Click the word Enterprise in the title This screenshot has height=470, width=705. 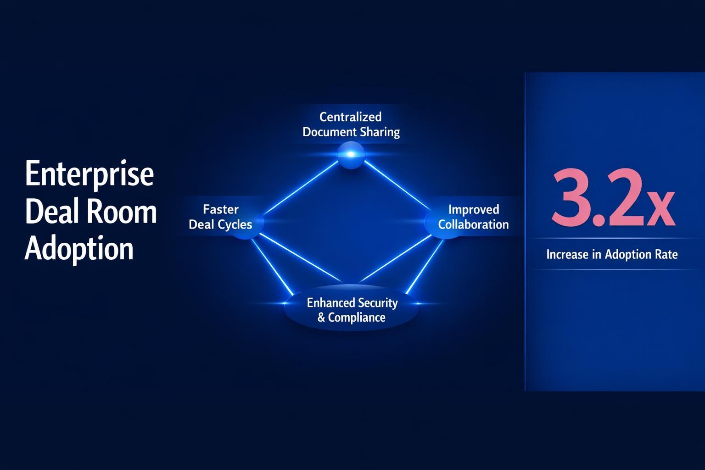[x=89, y=175]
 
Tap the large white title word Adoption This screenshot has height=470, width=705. [x=78, y=249]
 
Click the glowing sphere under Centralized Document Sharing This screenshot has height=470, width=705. [x=351, y=155]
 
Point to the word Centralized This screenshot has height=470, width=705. [x=350, y=117]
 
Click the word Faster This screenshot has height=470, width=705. [x=221, y=209]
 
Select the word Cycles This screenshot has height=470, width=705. [x=235, y=224]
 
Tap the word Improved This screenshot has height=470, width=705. [x=473, y=209]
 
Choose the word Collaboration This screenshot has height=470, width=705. [x=473, y=224]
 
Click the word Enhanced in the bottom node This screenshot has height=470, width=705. [x=331, y=303]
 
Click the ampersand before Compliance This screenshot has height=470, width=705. [x=321, y=318]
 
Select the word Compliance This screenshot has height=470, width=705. [x=357, y=318]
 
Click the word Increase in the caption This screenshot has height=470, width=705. [x=567, y=254]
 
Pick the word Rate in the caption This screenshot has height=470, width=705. [x=666, y=254]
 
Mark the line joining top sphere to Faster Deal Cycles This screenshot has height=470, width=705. [x=301, y=187]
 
